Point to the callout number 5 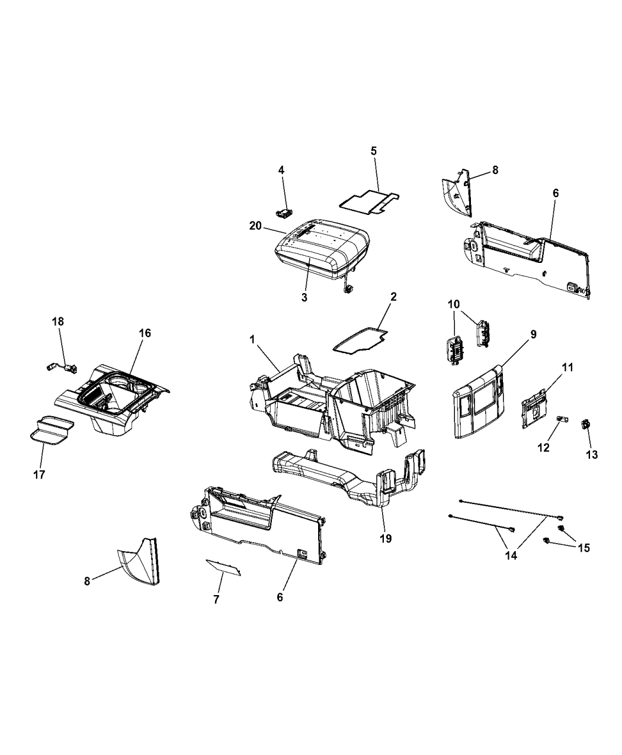(x=373, y=151)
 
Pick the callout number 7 (x=216, y=599)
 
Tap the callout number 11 (x=568, y=368)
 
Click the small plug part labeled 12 (x=563, y=420)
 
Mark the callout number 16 (x=145, y=333)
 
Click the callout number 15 (x=583, y=548)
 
